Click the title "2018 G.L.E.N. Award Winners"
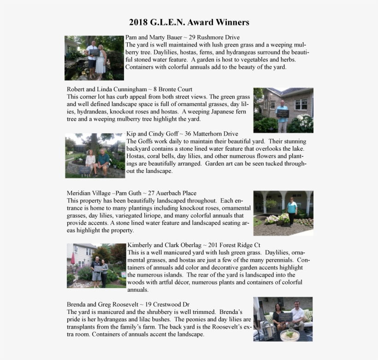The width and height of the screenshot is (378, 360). [x=189, y=22]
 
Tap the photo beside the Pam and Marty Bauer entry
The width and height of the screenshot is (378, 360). [x=94, y=58]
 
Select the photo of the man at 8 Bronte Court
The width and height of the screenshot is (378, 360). [x=283, y=110]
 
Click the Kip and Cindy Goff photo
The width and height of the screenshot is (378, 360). [x=95, y=155]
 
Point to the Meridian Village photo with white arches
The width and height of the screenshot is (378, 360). [x=283, y=213]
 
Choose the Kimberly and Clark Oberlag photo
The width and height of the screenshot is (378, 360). [x=96, y=266]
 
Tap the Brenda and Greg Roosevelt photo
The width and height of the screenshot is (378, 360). [x=283, y=319]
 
